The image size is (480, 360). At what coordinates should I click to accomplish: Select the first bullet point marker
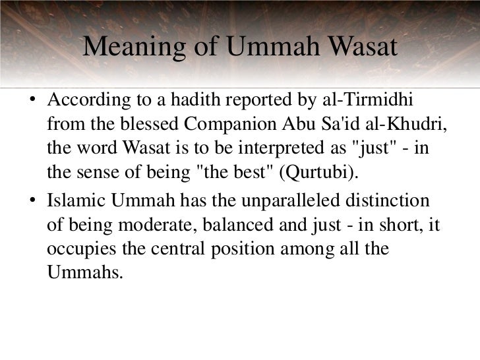point(32,104)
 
